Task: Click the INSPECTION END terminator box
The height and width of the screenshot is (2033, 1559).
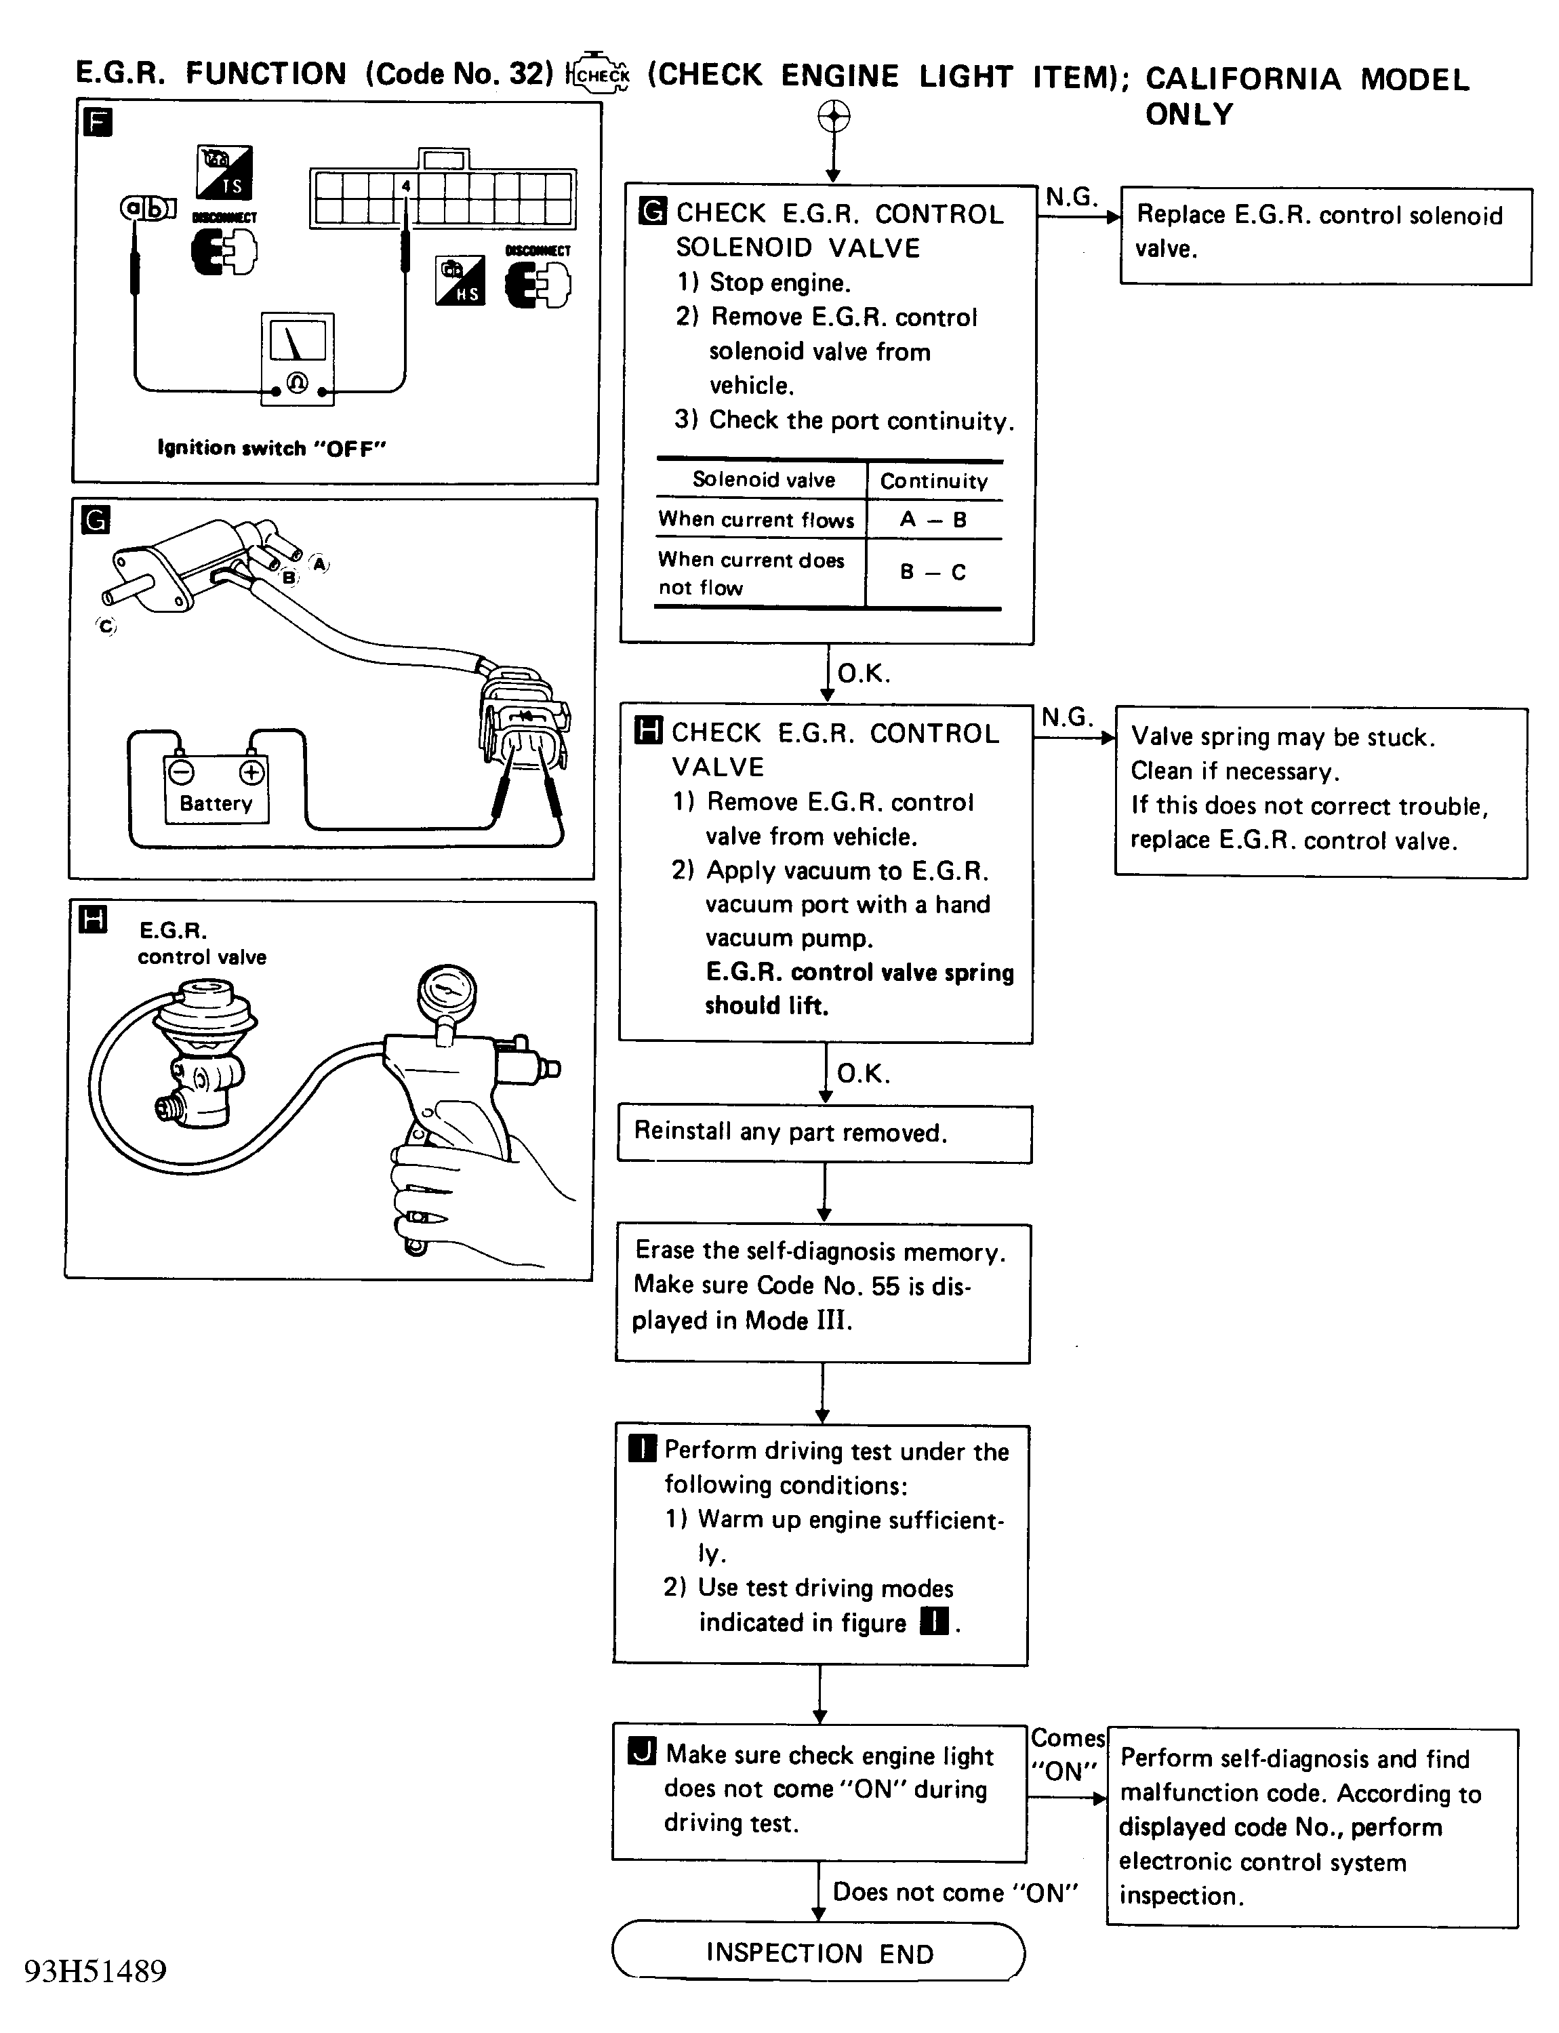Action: [x=819, y=1952]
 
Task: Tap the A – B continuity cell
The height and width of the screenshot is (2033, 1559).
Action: [x=933, y=520]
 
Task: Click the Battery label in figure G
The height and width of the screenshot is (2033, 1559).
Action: [x=216, y=803]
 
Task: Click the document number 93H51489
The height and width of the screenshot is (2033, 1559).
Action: [x=96, y=1971]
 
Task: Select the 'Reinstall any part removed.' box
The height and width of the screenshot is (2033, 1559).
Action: [x=824, y=1133]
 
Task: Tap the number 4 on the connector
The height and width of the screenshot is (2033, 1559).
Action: [x=405, y=186]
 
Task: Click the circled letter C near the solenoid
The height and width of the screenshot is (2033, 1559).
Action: [x=106, y=626]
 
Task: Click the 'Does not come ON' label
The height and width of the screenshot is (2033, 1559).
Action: [x=955, y=1892]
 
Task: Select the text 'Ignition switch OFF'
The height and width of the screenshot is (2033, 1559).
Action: [x=271, y=448]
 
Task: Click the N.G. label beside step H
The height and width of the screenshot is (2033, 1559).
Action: [x=1066, y=717]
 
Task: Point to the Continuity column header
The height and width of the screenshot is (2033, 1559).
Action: [x=933, y=481]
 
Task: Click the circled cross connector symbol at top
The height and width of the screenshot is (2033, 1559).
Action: [x=833, y=117]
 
